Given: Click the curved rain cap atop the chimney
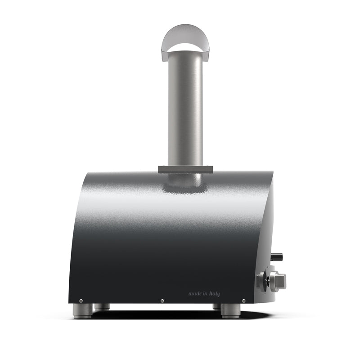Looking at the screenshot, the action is point(185,35).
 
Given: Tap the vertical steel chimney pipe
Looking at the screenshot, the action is point(185,108).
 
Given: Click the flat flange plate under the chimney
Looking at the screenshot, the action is point(185,170).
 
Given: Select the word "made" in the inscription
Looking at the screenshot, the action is point(194,293).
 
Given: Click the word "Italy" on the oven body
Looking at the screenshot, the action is point(214,294).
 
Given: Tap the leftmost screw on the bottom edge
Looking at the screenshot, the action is point(81,301).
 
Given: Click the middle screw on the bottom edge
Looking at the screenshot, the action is point(162,301).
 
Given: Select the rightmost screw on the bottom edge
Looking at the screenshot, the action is point(244,301).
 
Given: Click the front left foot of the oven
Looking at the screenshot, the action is point(83,311).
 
